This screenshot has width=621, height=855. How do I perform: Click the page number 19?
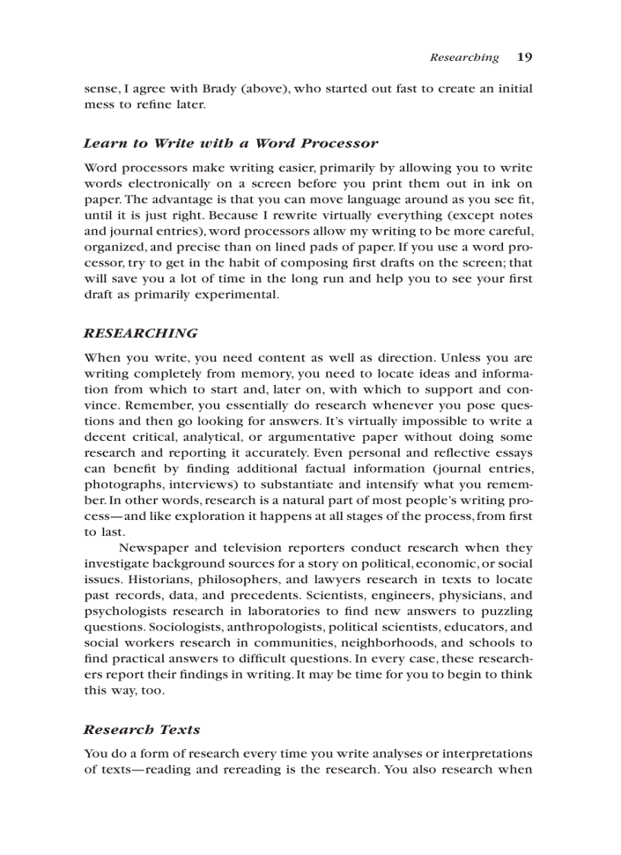click(524, 57)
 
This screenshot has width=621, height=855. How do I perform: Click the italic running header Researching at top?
click(464, 57)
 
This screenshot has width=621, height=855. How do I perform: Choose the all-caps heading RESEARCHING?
click(140, 333)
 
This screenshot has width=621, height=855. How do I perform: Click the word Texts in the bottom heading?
click(180, 729)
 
